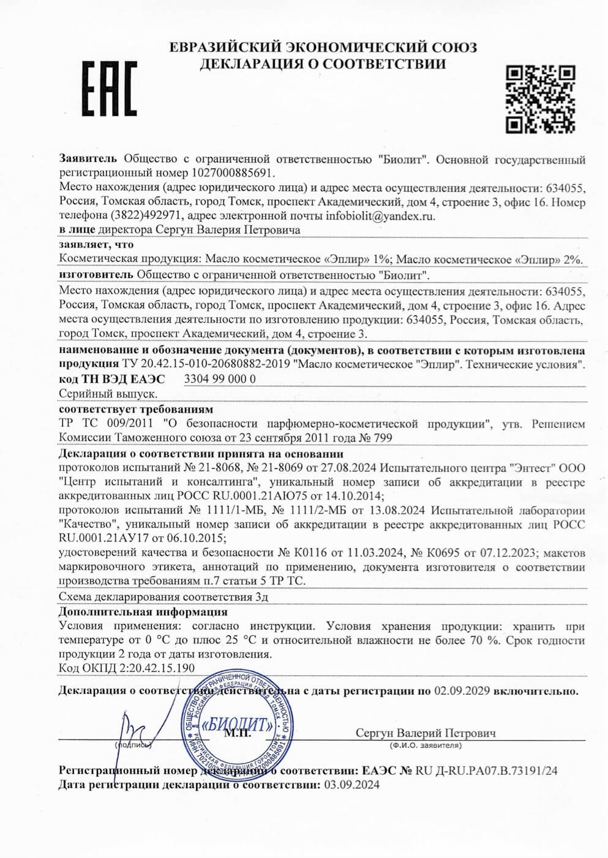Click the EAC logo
[x=110, y=89]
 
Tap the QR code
[x=541, y=99]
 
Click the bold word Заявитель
[x=89, y=160]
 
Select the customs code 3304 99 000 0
[x=220, y=379]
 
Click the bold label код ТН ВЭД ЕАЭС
[x=113, y=379]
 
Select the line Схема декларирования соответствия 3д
[x=163, y=597]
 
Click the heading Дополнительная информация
[x=143, y=612]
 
